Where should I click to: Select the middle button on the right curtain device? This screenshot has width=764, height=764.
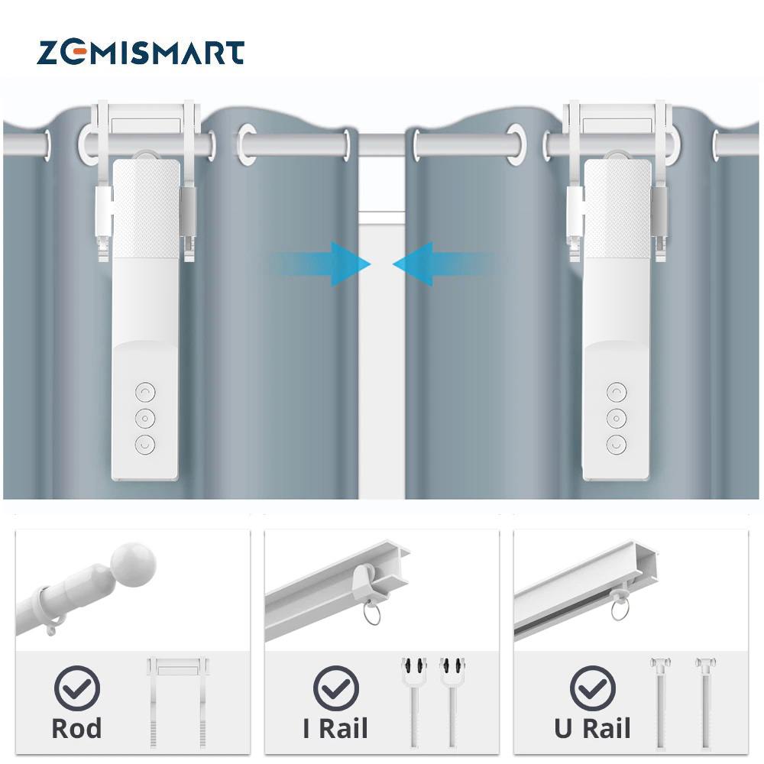[616, 418]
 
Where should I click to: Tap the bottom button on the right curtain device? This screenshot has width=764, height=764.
[616, 444]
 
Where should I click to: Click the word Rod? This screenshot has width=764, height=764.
[76, 728]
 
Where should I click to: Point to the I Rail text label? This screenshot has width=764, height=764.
[335, 728]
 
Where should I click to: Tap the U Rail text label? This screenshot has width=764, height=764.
[593, 728]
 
